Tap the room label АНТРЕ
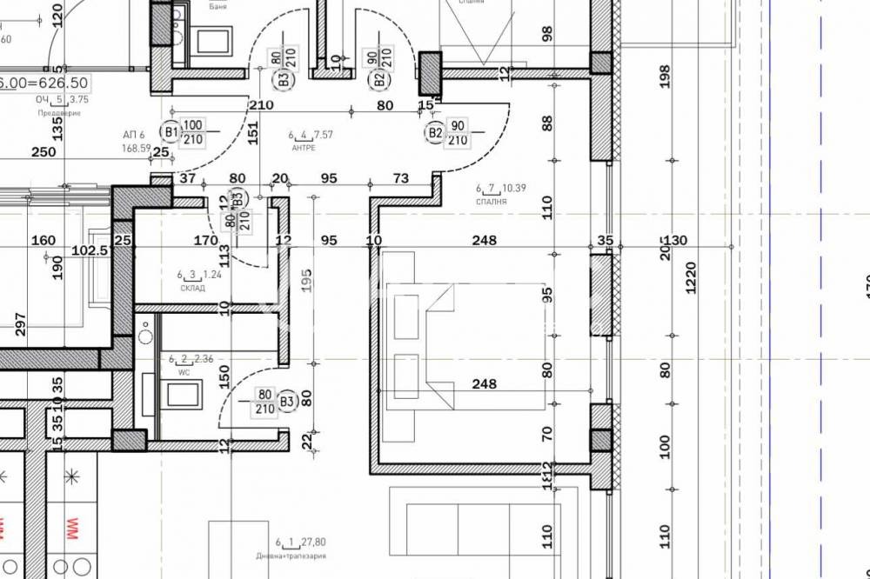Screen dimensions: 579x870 click(303, 148)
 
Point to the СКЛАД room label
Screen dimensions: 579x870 click(191, 289)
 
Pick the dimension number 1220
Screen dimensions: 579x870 click(692, 278)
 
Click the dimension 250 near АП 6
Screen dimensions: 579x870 click(43, 152)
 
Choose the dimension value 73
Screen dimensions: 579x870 click(400, 179)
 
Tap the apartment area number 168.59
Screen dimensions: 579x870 click(137, 148)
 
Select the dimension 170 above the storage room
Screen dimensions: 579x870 click(205, 240)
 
